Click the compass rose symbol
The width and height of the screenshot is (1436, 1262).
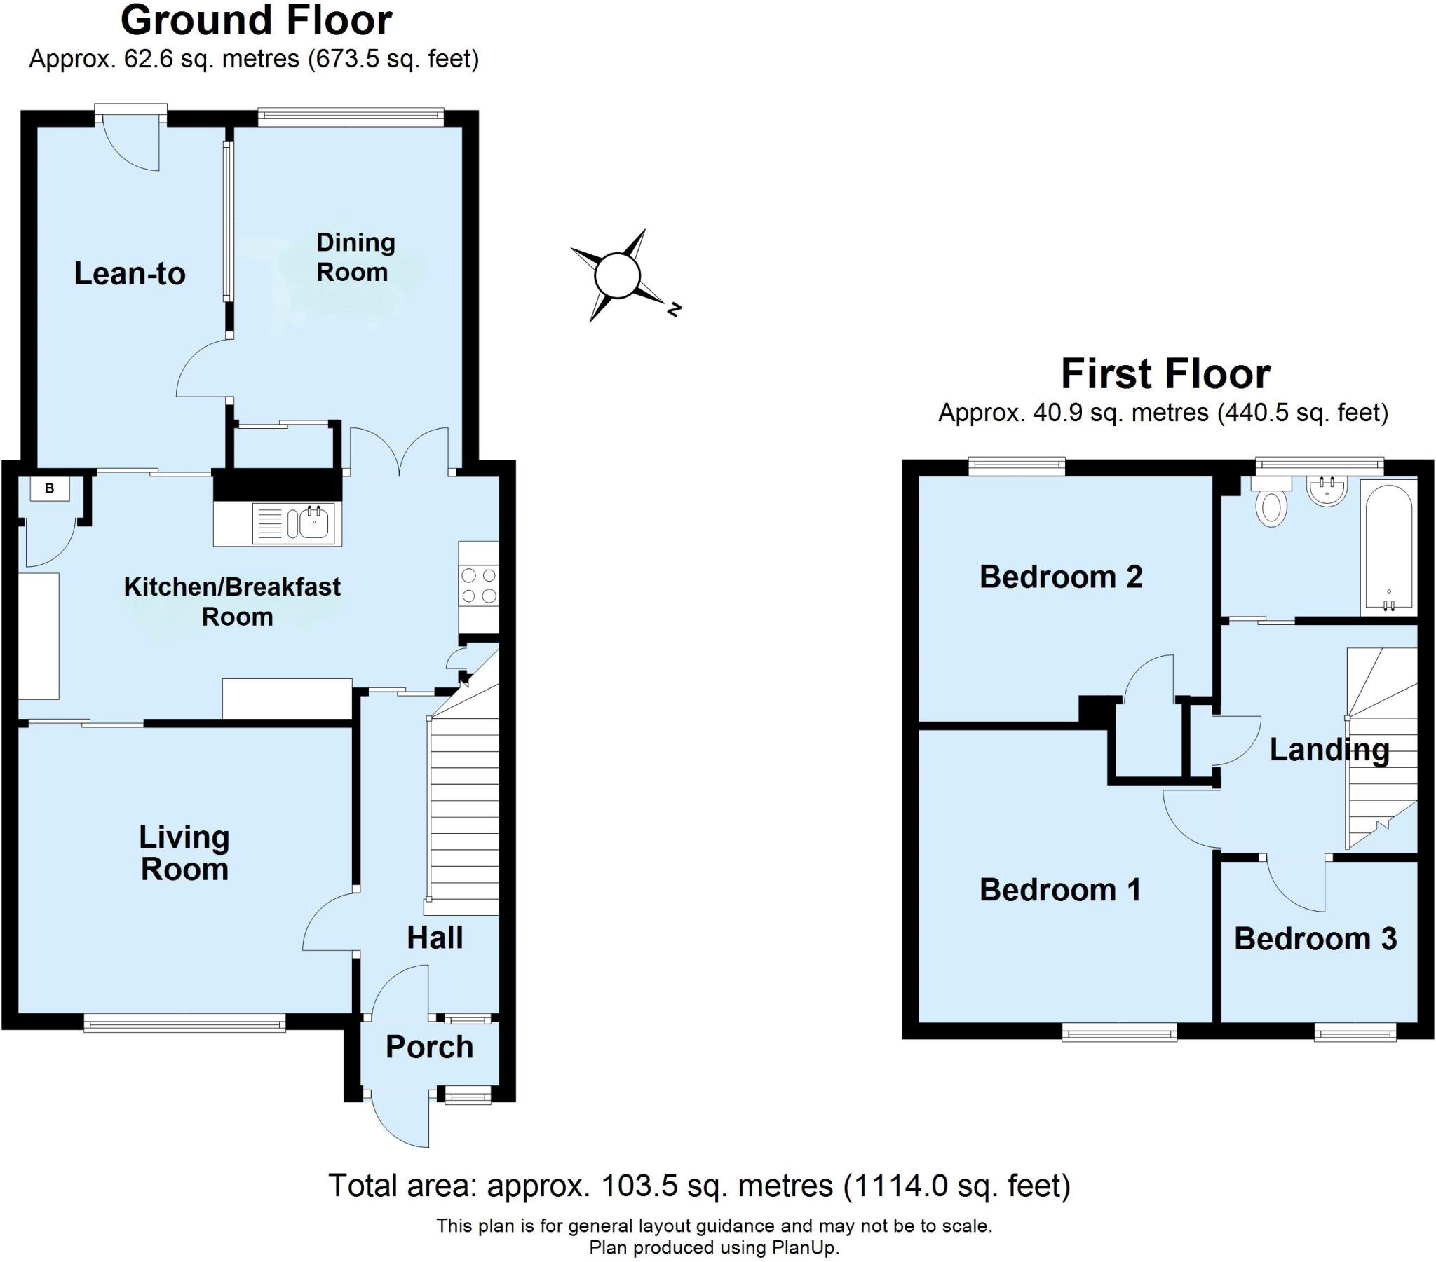(618, 275)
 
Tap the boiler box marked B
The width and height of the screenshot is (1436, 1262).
(49, 489)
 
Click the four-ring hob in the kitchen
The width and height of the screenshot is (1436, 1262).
(478, 587)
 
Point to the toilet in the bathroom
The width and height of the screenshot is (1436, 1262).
(1271, 502)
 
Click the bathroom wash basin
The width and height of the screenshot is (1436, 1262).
(1327, 491)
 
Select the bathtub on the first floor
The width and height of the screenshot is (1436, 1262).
(1388, 549)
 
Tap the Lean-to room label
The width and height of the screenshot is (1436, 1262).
(130, 273)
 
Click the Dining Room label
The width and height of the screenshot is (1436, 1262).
(355, 257)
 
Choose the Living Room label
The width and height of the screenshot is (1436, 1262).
(185, 853)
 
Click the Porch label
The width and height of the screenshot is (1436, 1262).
(429, 1047)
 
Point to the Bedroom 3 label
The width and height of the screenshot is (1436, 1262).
(1315, 939)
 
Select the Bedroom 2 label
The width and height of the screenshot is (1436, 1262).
(1061, 577)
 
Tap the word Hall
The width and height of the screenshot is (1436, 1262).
(435, 938)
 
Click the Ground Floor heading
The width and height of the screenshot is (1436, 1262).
(257, 20)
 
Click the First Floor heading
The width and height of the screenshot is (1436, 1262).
(1165, 373)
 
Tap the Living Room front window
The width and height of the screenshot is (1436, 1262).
(185, 1022)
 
